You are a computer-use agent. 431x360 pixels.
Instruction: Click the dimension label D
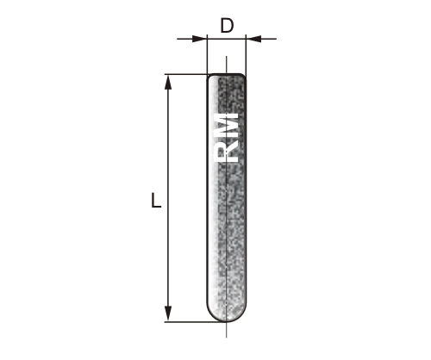pyautogui.click(x=227, y=26)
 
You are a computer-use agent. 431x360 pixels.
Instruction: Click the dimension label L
pyautogui.click(x=155, y=202)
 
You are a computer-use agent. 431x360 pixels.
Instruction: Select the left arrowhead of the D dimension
pyautogui.click(x=201, y=39)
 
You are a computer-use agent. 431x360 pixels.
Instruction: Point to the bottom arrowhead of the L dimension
pyautogui.click(x=169, y=315)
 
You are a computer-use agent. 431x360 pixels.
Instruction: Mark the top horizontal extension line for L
pyautogui.click(x=185, y=74)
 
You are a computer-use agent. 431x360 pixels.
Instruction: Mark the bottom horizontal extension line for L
pyautogui.click(x=185, y=322)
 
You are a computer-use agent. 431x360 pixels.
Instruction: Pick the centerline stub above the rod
pyautogui.click(x=227, y=65)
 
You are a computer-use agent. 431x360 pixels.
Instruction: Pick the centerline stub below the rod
pyautogui.click(x=227, y=330)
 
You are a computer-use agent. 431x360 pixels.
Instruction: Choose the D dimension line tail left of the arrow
pyautogui.click(x=184, y=39)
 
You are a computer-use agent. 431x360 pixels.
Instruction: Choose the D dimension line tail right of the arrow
pyautogui.click(x=267, y=39)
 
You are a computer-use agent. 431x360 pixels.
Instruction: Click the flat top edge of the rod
pyautogui.click(x=227, y=75)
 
